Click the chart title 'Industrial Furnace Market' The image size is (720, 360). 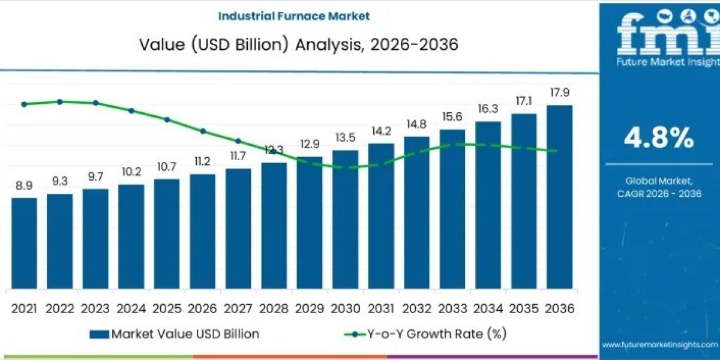point(294,16)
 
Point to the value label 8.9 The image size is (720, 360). point(24,186)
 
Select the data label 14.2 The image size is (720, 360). point(381,131)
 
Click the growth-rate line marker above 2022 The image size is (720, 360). point(60,101)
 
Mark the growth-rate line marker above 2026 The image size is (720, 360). point(203,131)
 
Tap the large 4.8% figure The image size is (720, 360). point(659,139)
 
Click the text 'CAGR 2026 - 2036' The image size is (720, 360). point(659,193)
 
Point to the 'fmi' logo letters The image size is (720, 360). point(659,33)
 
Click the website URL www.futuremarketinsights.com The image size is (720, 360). point(659,345)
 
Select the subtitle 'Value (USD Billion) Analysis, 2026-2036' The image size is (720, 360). point(299,44)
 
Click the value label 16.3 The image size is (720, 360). point(488,109)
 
